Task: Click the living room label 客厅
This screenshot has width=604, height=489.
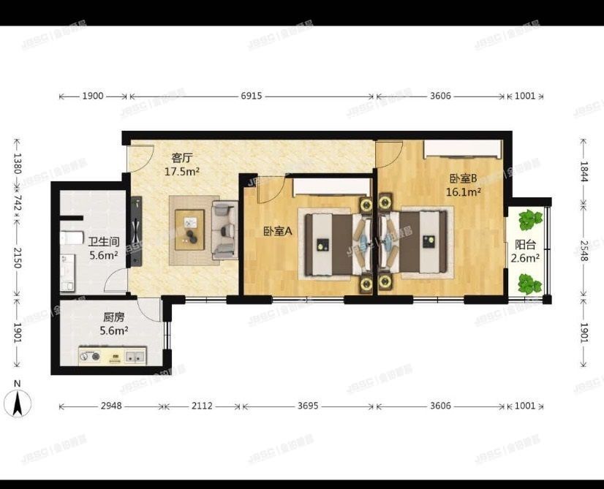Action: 181,157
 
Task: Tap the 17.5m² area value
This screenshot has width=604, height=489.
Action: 182,172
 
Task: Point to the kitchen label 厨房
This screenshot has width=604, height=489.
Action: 113,318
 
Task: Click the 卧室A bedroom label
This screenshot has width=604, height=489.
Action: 278,232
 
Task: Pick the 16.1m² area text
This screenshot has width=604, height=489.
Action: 464,192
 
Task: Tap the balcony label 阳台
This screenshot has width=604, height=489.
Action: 525,246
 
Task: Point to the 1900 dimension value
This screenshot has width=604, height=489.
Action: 93,96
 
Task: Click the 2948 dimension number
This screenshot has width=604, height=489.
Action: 112,406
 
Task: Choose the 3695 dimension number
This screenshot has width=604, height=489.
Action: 308,406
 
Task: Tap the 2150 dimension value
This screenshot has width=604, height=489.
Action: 17,257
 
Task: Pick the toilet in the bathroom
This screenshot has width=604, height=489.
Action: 71,238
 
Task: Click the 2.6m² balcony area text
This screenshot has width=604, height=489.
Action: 525,258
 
